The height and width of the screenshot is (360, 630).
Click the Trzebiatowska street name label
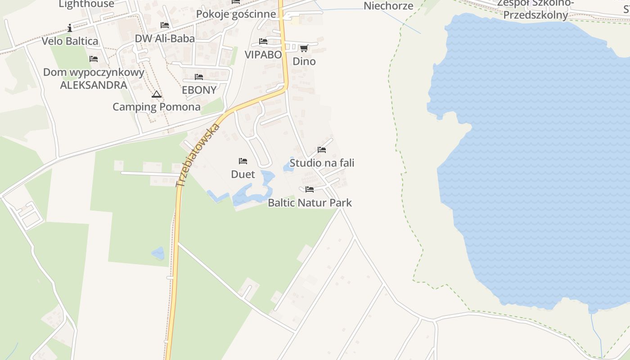198,155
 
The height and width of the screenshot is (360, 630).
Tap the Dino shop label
304,61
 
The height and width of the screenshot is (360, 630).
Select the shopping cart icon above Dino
304,48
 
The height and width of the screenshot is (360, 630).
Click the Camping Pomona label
156,107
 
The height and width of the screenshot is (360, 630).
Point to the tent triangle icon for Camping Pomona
156,94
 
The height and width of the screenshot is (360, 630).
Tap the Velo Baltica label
70,41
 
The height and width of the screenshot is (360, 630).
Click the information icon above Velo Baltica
70,28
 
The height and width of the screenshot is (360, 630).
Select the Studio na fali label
322,162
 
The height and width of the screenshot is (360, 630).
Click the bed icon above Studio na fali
321,149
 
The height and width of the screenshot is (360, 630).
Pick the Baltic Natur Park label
310,202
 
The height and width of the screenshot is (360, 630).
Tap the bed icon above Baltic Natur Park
309,189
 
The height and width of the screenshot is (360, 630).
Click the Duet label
243,174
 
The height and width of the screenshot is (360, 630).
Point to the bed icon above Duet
243,161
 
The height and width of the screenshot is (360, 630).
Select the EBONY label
199,90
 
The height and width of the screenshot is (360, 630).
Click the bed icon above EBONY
199,77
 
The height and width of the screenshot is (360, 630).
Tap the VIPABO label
263,54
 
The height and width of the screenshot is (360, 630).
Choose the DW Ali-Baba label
165,38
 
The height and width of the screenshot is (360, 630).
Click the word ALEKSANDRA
94,85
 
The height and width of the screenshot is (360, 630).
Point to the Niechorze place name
388,6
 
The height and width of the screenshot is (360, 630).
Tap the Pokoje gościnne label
236,14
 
